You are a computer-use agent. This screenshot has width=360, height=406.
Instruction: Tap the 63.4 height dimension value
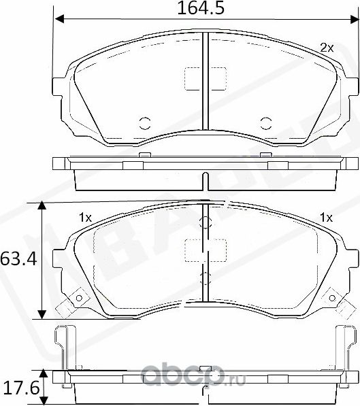18,259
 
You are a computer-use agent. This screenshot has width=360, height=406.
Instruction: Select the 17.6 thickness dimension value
18,388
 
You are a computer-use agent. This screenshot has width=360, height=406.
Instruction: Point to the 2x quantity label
327,48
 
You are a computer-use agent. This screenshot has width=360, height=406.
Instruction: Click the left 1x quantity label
85,218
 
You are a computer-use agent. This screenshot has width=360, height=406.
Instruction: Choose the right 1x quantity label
326,218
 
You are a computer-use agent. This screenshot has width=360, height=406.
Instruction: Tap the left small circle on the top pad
144,123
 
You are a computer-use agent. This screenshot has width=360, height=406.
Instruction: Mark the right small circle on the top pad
265,123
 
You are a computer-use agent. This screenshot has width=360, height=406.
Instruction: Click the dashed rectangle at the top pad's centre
205,78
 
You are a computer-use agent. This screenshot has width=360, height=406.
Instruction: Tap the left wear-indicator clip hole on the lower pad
78,297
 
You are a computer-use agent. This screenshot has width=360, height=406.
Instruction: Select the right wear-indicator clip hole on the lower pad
332,297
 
